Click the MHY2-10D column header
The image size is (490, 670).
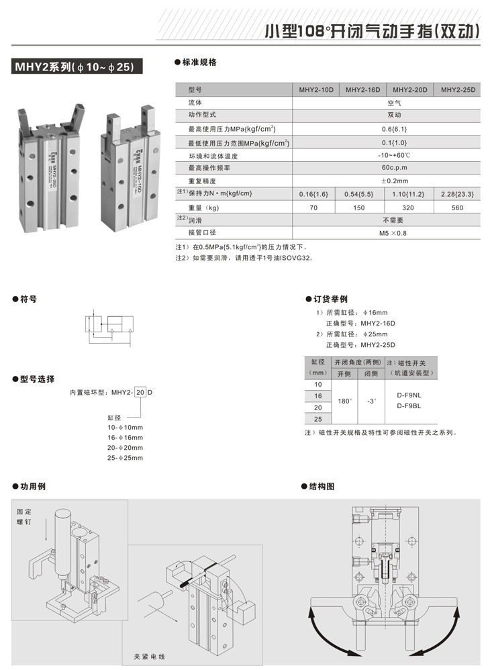click(316, 89)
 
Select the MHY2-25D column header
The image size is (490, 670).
click(457, 89)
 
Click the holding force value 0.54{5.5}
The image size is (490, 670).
click(363, 194)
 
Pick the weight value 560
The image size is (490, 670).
click(457, 207)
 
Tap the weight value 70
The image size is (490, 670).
click(316, 207)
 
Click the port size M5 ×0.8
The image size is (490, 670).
click(387, 233)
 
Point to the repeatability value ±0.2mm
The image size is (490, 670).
click(387, 181)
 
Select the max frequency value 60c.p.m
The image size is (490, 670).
click(387, 168)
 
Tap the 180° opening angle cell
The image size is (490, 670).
click(344, 401)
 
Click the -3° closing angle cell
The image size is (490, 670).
click(371, 401)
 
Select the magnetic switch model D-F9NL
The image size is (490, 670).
click(409, 396)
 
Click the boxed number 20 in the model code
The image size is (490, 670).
click(140, 391)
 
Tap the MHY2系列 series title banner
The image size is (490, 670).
click(74, 66)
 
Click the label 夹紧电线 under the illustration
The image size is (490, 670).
click(148, 655)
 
